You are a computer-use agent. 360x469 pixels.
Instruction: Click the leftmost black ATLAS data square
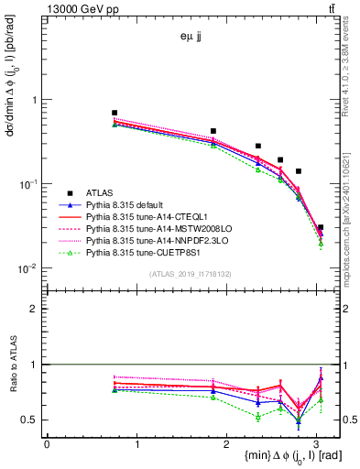(x=115, y=113)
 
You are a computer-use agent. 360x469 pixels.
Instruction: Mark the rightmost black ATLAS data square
(x=320, y=227)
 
